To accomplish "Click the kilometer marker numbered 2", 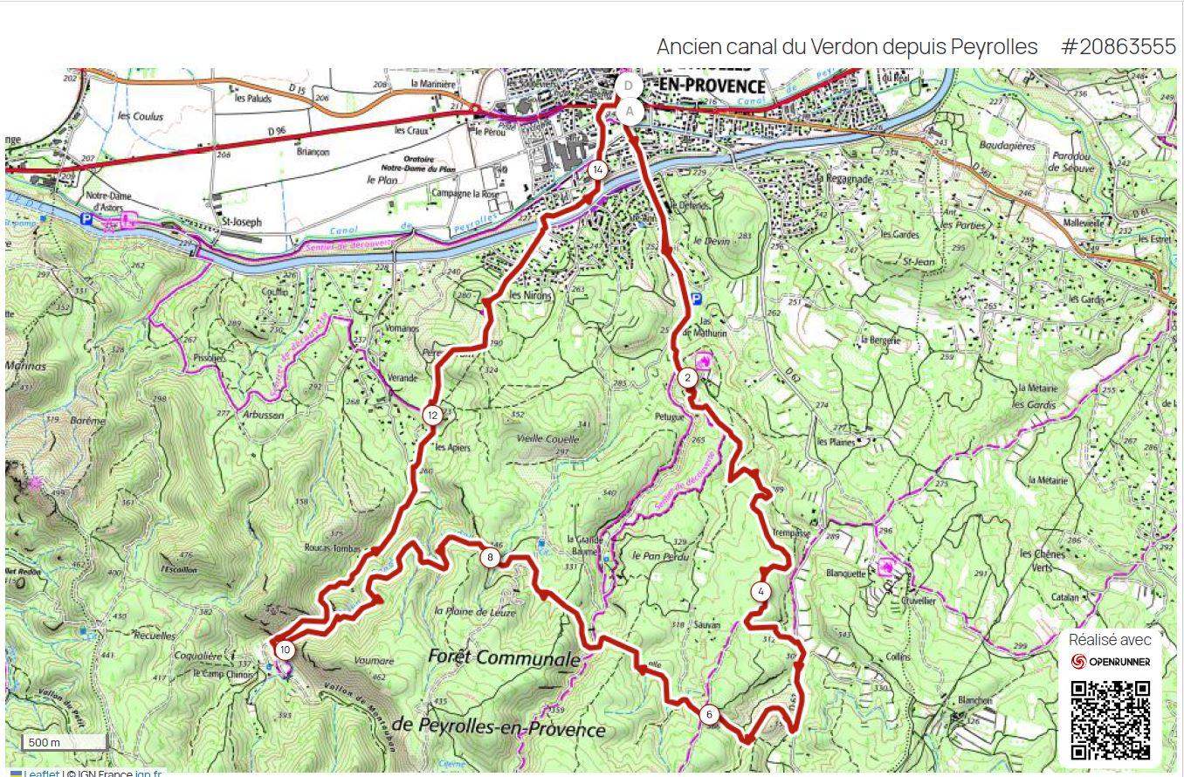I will [x=687, y=378].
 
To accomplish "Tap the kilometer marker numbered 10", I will [x=284, y=650].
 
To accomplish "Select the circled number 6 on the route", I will [x=709, y=715].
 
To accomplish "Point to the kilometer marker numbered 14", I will [x=597, y=170].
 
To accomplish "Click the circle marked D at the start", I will [x=628, y=86].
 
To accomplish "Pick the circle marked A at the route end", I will [x=630, y=112].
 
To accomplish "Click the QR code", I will [x=1110, y=720].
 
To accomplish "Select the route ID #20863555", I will [x=1119, y=47].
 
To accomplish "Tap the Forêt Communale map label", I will [x=504, y=657].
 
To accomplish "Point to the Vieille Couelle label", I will [x=548, y=439].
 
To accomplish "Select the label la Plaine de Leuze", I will [x=475, y=612].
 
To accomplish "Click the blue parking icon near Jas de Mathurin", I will [x=696, y=299].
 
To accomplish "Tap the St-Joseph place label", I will [x=241, y=222].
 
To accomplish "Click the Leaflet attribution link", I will [x=41, y=773].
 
